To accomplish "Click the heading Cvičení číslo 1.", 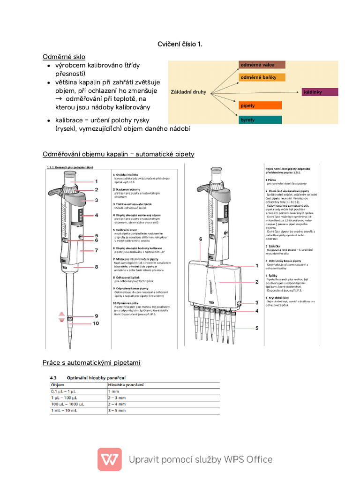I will click(x=180, y=44).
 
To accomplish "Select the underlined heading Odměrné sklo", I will click(x=64, y=57).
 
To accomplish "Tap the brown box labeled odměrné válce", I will click(x=262, y=64).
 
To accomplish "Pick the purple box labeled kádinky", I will click(x=320, y=92).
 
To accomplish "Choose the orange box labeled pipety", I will click(x=260, y=105).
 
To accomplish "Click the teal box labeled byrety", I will click(x=260, y=120).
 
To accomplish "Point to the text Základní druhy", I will click(x=188, y=92).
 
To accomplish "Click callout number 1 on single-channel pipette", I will click(x=96, y=181).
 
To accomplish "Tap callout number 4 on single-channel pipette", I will click(x=96, y=215).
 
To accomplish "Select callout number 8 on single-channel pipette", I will click(x=96, y=267).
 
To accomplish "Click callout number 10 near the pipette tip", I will click(x=96, y=323).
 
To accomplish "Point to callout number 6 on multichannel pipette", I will click(x=200, y=239).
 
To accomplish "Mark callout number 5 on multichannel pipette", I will click(x=256, y=328).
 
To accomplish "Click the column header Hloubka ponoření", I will click(x=126, y=385).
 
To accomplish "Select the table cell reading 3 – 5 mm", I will click(x=117, y=410).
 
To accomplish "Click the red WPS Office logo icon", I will click(x=110, y=459).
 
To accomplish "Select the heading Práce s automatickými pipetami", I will click(x=91, y=363).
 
